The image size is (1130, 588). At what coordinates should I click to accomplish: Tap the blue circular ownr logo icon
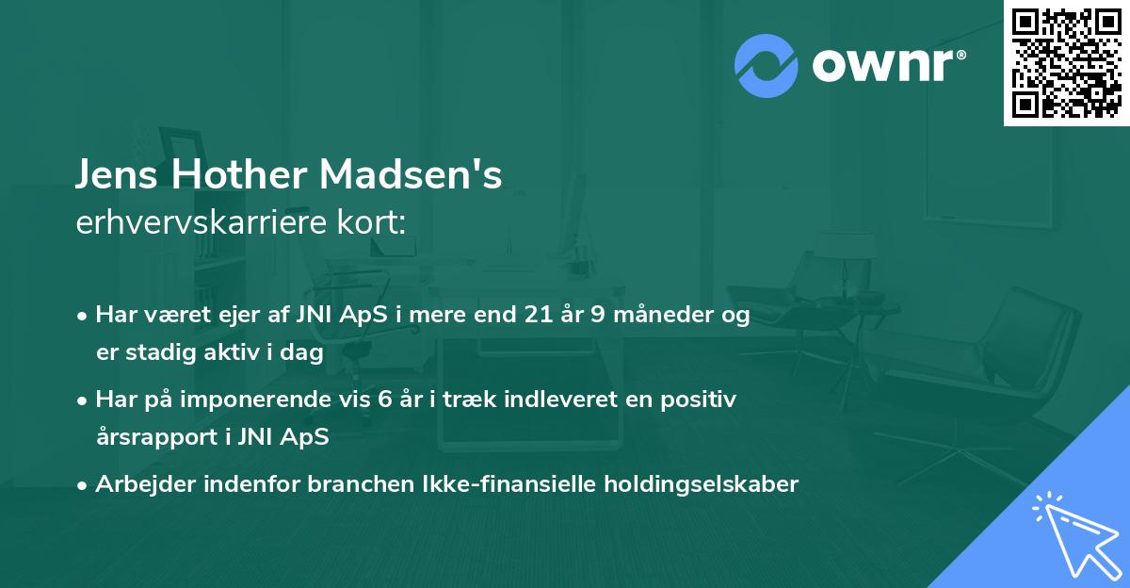767,64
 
